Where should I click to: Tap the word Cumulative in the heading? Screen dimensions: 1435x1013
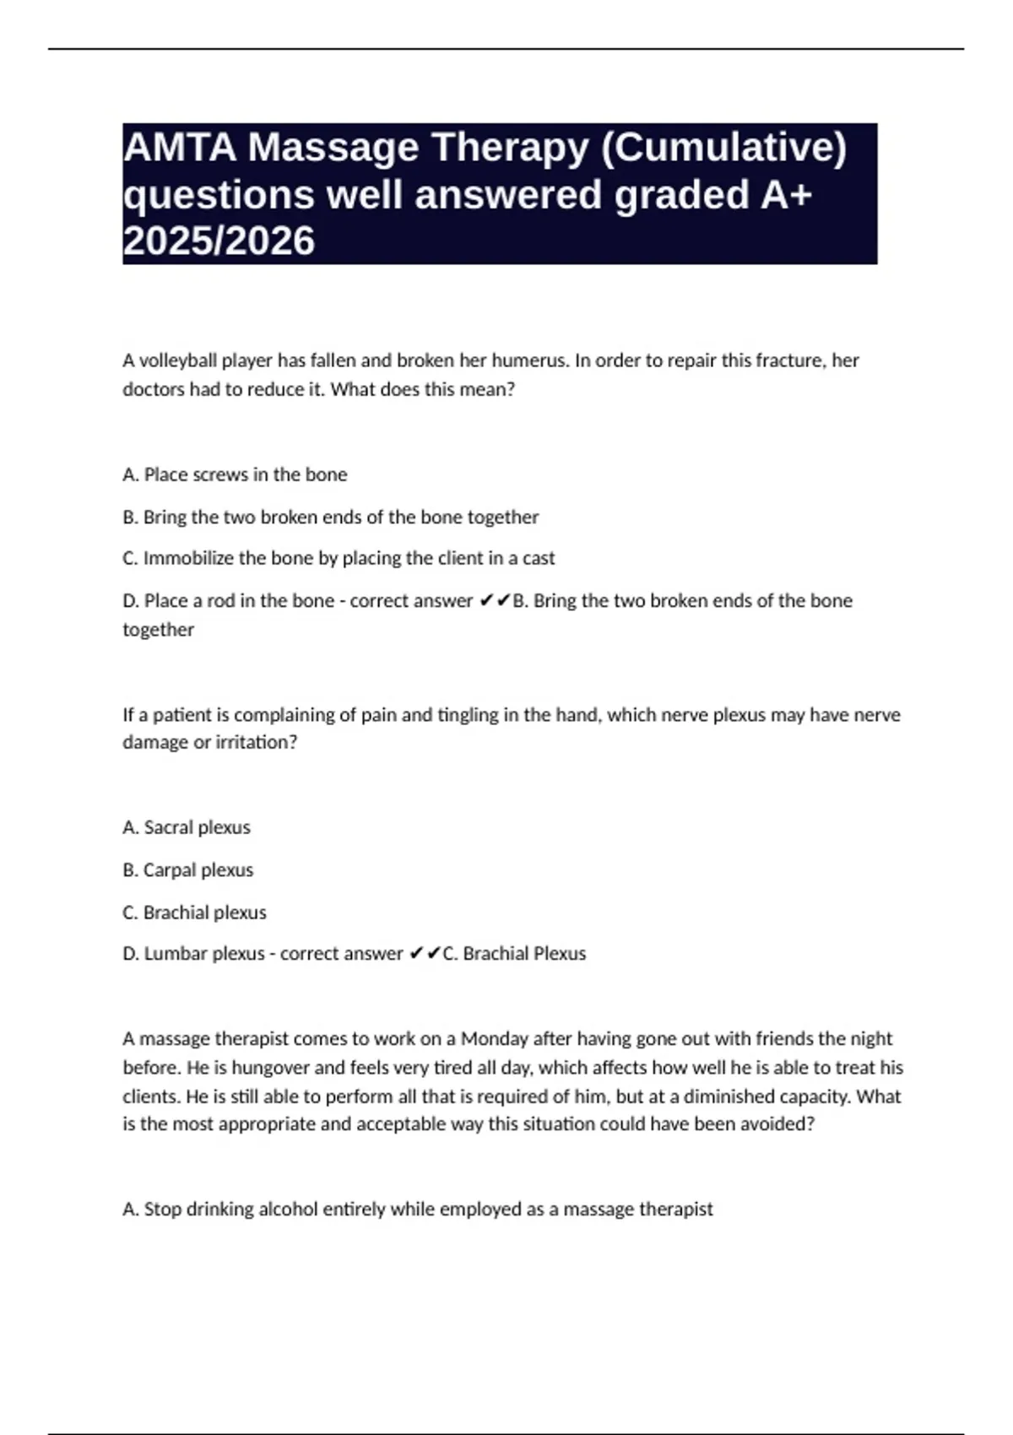(x=725, y=148)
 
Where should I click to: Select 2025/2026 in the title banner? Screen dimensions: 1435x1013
(x=219, y=241)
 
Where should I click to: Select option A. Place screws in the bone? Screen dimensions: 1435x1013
(x=235, y=474)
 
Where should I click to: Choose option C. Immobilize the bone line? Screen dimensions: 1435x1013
(x=339, y=558)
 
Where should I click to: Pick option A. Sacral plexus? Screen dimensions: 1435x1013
(x=187, y=827)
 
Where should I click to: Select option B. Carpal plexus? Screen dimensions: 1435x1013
(x=187, y=869)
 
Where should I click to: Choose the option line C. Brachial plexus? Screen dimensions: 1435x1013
(x=194, y=912)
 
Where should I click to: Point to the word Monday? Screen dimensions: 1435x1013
(x=495, y=1038)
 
